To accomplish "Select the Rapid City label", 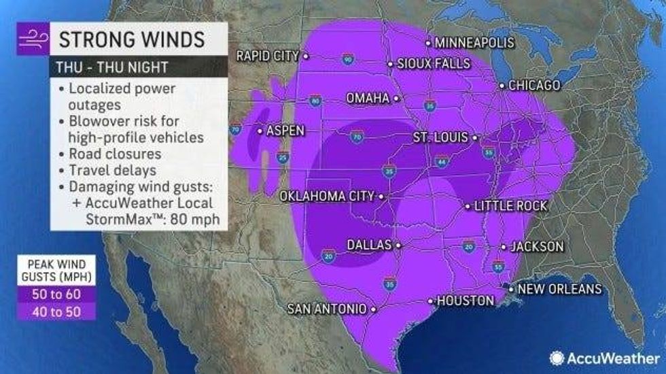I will (x=267, y=56).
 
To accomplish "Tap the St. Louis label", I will (x=440, y=137).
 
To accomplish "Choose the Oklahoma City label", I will (x=328, y=196).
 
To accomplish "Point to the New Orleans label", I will (x=559, y=289).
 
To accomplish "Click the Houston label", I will (x=466, y=300).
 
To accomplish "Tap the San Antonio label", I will (x=327, y=309).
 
